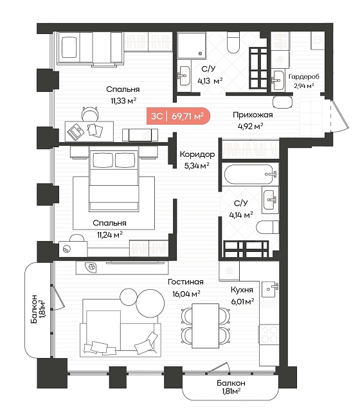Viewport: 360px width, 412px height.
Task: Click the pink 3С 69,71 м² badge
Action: click(179, 116)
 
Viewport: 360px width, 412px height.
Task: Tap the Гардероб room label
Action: click(304, 76)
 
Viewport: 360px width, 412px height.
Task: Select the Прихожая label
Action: click(253, 115)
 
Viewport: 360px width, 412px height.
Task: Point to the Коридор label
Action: click(197, 154)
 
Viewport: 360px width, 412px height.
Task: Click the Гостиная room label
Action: click(186, 282)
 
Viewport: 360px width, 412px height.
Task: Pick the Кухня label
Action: click(242, 290)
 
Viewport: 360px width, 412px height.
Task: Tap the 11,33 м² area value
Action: click(123, 101)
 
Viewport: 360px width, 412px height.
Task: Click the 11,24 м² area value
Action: click(109, 235)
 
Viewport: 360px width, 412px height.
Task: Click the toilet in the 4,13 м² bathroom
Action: click(233, 42)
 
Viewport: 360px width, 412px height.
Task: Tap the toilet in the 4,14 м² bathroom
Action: click(267, 227)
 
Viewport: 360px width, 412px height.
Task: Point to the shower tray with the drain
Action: click(192, 45)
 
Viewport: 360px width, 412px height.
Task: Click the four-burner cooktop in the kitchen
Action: click(269, 334)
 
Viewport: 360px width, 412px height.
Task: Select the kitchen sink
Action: click(270, 289)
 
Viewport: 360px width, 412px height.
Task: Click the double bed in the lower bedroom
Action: click(114, 181)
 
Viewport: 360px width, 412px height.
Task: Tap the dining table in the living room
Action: click(206, 326)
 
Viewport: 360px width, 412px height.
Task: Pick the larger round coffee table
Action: click(150, 304)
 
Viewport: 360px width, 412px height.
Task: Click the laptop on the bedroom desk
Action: click(76, 131)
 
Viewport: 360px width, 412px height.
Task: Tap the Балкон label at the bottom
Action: click(231, 383)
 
